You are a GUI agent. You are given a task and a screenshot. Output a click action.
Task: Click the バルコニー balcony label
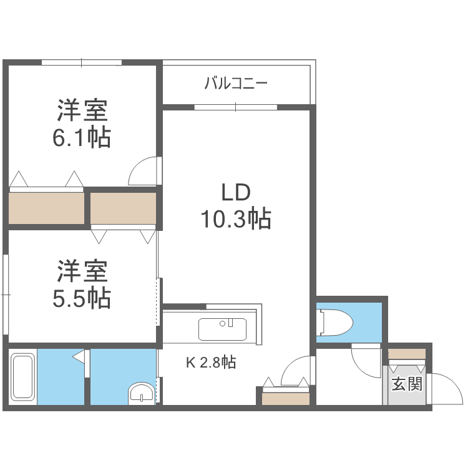click(236, 83)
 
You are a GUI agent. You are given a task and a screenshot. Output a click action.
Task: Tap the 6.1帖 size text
click(82, 137)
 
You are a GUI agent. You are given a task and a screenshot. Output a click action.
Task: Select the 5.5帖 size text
click(82, 298)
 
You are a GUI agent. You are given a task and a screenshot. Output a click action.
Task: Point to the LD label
click(235, 192)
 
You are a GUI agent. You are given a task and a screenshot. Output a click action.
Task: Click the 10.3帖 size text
click(235, 219)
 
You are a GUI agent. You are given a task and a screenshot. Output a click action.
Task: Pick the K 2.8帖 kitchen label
click(210, 362)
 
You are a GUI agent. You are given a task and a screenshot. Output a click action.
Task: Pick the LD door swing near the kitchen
click(295, 371)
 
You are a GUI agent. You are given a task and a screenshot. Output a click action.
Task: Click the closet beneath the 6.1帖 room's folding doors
click(46, 208)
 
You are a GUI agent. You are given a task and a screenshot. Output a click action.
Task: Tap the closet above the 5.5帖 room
click(123, 208)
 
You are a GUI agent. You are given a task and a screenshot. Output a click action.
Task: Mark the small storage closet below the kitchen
click(286, 398)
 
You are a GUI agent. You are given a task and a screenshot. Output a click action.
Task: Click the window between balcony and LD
click(235, 107)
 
